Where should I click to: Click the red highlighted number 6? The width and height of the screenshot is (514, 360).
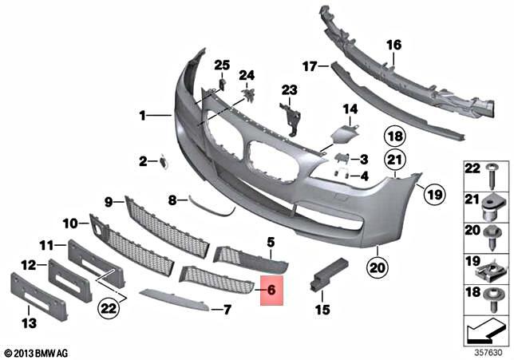point(271,291)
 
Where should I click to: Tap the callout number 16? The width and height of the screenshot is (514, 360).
point(394,45)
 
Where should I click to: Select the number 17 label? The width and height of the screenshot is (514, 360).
point(310,65)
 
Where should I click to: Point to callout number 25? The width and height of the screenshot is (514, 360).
point(221,65)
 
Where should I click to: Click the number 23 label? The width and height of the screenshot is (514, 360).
point(288,89)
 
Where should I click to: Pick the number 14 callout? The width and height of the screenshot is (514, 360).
point(350,109)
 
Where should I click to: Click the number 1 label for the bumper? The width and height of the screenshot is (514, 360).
point(143,116)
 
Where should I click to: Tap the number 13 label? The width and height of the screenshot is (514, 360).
point(29,324)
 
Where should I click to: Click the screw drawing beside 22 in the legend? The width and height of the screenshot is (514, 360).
point(489,176)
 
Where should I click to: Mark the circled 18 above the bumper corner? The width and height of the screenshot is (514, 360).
point(395,135)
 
